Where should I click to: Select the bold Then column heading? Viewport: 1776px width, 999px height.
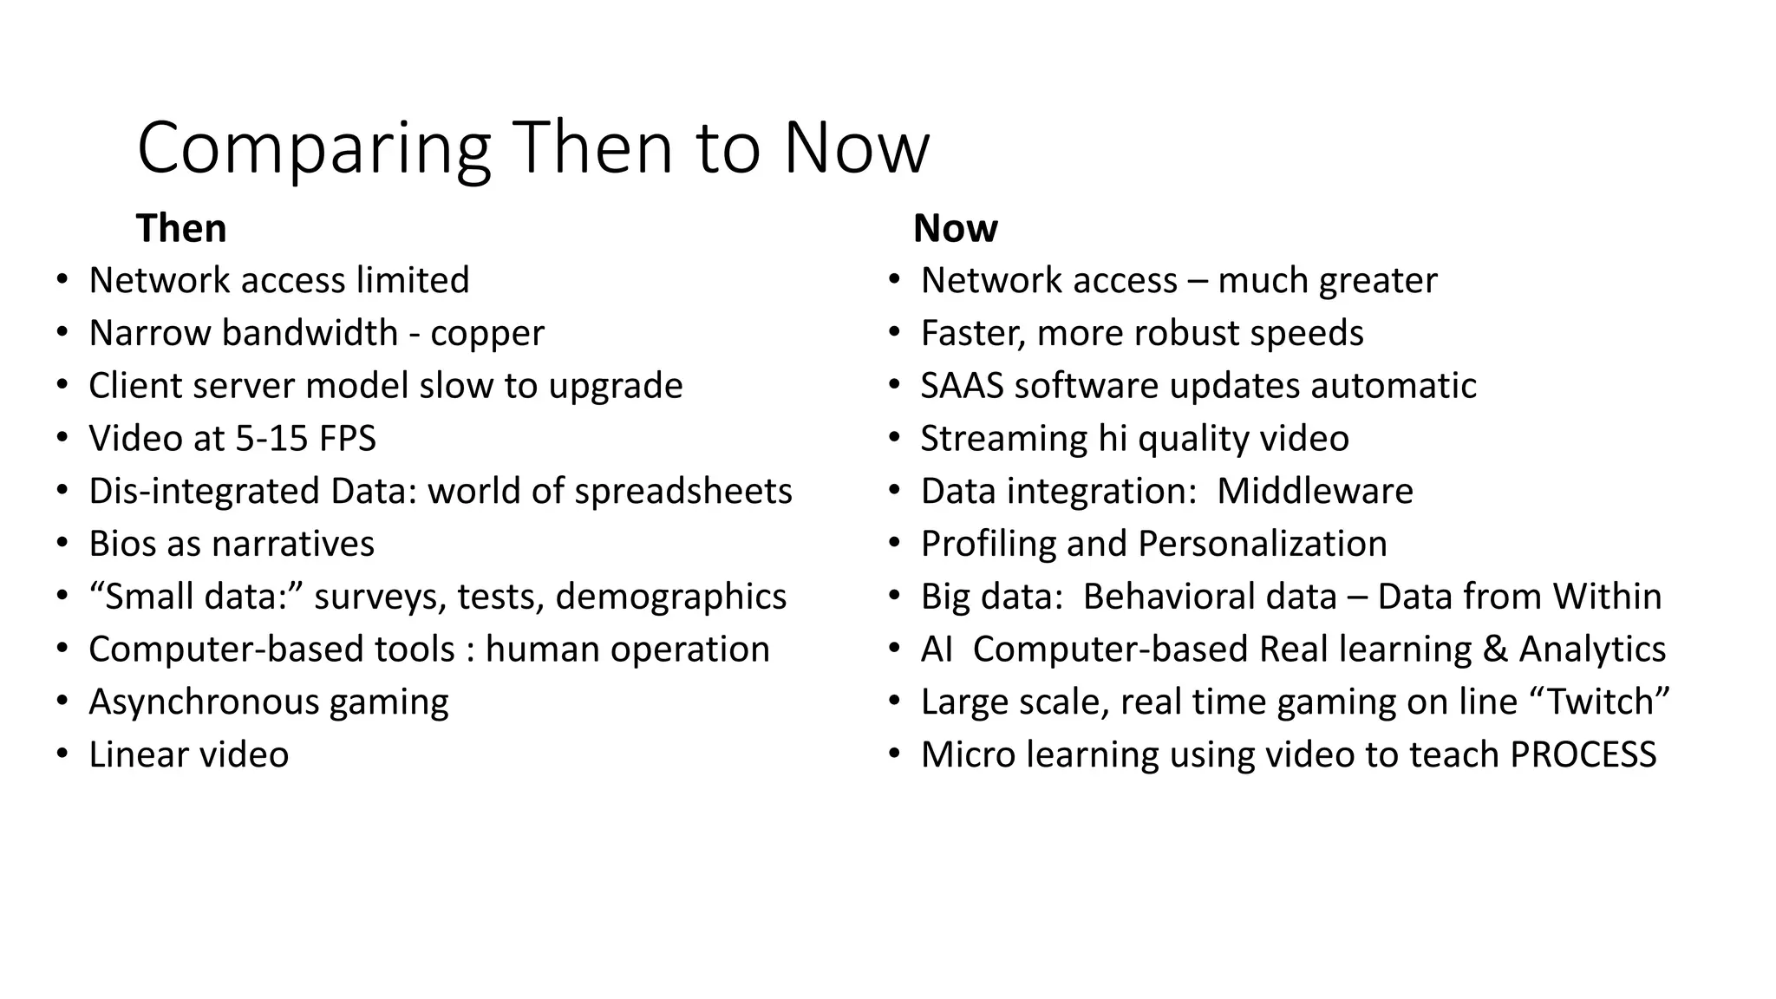[x=181, y=229]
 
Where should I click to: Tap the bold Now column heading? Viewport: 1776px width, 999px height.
[x=955, y=229]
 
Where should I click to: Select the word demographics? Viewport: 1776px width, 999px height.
[x=670, y=597]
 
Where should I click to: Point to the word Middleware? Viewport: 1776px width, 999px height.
[x=1315, y=492]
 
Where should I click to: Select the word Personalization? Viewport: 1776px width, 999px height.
[x=1262, y=544]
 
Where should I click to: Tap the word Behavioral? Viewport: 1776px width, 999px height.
[x=1210, y=597]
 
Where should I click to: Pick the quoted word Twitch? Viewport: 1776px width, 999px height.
[x=1601, y=702]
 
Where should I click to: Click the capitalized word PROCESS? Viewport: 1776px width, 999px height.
[x=1583, y=754]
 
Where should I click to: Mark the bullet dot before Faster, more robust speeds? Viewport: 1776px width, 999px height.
[x=894, y=333]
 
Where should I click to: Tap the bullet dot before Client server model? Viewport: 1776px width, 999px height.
[x=62, y=386]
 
